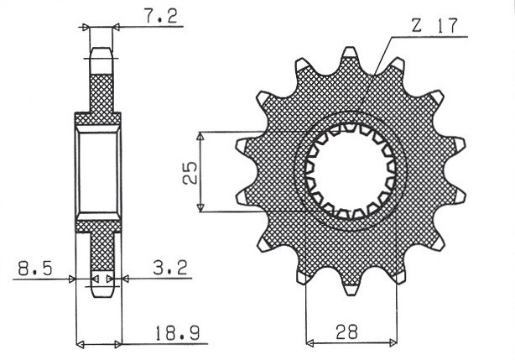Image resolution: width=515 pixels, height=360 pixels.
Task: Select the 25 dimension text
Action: pos(190,172)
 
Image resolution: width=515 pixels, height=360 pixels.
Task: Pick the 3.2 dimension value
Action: pos(170,269)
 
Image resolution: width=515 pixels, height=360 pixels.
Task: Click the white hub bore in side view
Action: pos(100,172)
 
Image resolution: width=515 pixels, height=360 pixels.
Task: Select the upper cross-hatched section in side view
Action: pos(100,92)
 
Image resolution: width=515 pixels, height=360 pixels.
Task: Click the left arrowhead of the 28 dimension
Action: pos(310,342)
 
